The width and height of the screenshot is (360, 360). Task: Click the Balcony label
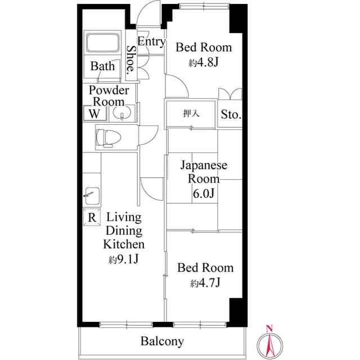coord(162,341)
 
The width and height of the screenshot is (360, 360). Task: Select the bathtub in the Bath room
coord(102,43)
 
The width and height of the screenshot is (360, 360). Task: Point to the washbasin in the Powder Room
coord(122,114)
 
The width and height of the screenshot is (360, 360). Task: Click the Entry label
coord(151,42)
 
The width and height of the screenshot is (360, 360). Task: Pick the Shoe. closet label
coord(130,61)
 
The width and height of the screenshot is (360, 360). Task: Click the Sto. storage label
coord(231,115)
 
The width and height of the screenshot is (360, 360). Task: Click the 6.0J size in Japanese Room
coord(203,194)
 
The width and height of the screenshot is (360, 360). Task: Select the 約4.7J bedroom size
coord(205,283)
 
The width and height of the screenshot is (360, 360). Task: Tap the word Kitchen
coord(124,245)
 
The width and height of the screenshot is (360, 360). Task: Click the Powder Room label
coord(109,96)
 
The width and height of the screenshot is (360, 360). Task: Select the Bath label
coord(102,66)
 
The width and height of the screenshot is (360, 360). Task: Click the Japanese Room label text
coord(203,172)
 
